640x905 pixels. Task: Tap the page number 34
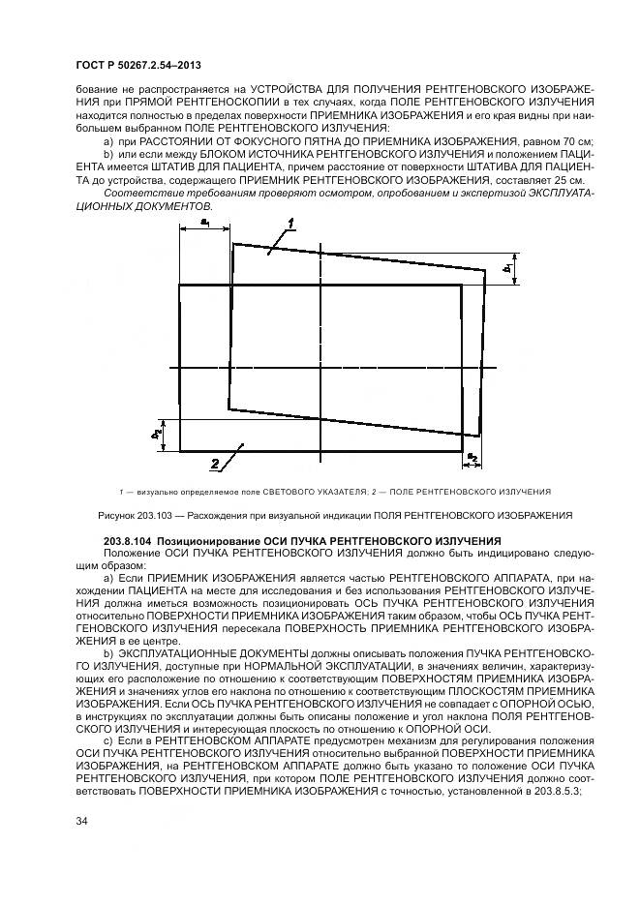point(82,821)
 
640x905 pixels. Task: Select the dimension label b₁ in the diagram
point(507,268)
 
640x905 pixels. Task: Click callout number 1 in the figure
point(288,227)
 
